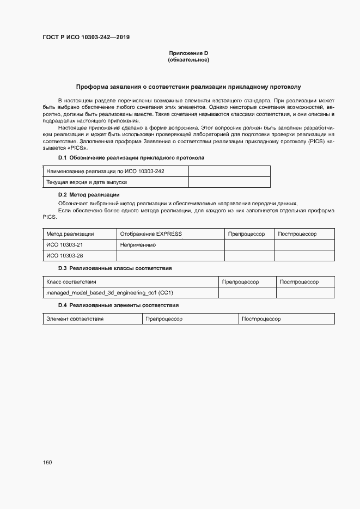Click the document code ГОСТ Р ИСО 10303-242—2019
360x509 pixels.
[86, 38]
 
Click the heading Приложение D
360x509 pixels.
[188, 53]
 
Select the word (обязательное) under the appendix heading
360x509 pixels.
[188, 60]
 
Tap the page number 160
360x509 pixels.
[47, 462]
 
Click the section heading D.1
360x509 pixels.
[131, 158]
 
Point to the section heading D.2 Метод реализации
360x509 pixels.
[89, 195]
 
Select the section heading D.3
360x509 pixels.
[115, 268]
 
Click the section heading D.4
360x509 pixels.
[118, 305]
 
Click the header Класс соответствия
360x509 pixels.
[71, 281]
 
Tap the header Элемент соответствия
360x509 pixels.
[75, 318]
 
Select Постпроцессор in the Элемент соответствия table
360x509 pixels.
[261, 318]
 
